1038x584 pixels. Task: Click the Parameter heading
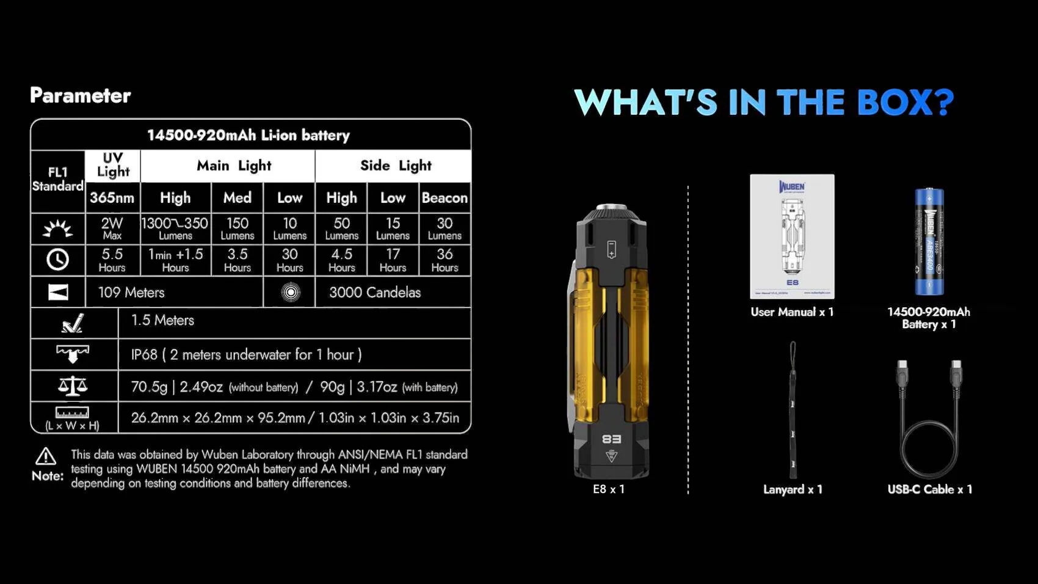[x=80, y=95]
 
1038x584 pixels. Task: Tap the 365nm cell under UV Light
[x=112, y=198]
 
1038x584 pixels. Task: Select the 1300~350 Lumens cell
[x=175, y=228]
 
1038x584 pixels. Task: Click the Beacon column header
[x=445, y=198]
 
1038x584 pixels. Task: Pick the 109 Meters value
[x=131, y=293]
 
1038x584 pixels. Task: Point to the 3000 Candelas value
[x=375, y=293]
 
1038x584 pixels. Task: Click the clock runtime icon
[x=58, y=260]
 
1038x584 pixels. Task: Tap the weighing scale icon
[x=73, y=386]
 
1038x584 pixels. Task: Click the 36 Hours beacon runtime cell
[x=445, y=260]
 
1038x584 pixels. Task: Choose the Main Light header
[x=234, y=166]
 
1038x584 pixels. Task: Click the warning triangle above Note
[x=46, y=456]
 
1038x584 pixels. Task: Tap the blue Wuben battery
[x=929, y=242]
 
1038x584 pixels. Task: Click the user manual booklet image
[x=792, y=236]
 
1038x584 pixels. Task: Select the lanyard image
[x=793, y=409]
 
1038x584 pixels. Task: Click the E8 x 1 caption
[x=609, y=489]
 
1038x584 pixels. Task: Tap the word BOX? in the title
[x=905, y=102]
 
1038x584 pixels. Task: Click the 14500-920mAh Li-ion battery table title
[x=249, y=135]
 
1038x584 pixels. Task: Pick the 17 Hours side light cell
[x=393, y=260]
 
